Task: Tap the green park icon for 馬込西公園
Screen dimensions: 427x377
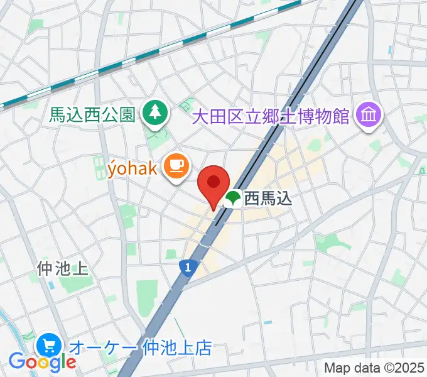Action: [x=153, y=113]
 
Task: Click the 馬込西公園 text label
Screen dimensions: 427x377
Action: [x=92, y=114]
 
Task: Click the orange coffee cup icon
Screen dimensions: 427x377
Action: [x=175, y=166]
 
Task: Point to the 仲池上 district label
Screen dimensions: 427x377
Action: [x=62, y=269]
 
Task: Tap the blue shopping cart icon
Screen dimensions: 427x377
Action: [x=48, y=345]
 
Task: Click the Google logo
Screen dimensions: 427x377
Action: [x=42, y=362]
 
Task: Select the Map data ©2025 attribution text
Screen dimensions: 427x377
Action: [x=374, y=368]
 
